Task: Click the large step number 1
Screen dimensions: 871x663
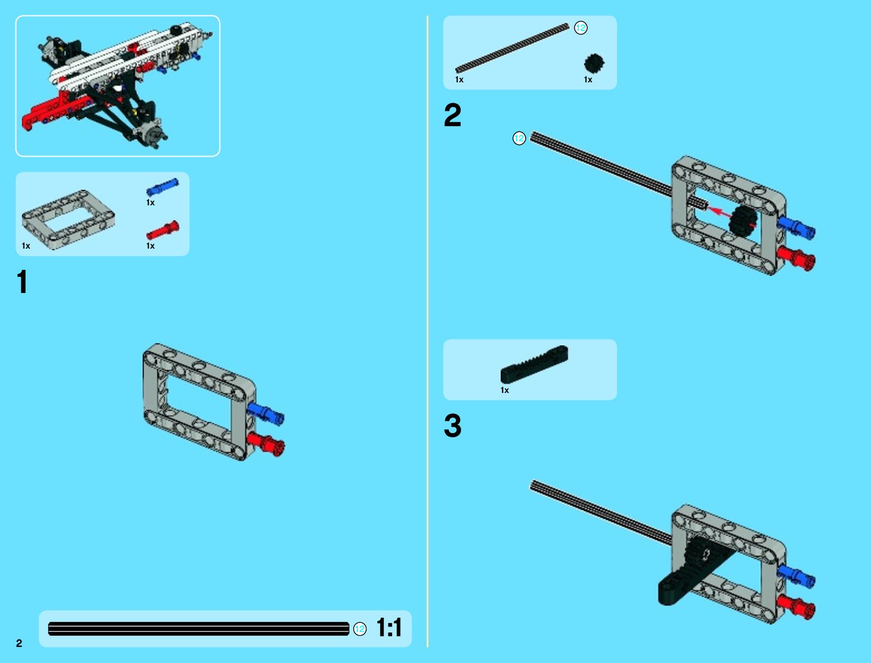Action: coord(22,281)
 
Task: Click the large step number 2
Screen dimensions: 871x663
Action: coord(453,115)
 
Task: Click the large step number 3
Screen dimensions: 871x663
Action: coord(453,426)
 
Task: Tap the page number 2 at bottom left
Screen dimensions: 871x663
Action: coord(19,643)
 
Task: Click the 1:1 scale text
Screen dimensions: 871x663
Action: coord(388,627)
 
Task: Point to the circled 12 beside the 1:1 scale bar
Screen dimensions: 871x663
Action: coord(360,629)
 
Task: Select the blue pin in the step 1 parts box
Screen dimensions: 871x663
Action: coord(162,187)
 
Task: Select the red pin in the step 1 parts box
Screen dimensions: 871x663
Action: coord(162,230)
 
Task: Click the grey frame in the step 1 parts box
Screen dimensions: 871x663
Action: coord(68,220)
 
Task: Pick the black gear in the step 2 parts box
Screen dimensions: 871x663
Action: coord(594,64)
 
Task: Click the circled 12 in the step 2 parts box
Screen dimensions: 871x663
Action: coord(580,28)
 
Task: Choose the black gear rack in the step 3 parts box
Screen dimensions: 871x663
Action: coord(534,364)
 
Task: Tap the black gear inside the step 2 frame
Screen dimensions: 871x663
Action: coord(742,221)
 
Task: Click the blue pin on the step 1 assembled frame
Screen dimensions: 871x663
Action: coord(265,414)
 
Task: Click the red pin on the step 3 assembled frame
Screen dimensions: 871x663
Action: coord(796,607)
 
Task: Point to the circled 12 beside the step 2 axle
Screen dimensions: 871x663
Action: coord(519,138)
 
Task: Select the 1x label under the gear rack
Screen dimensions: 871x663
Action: coord(504,390)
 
